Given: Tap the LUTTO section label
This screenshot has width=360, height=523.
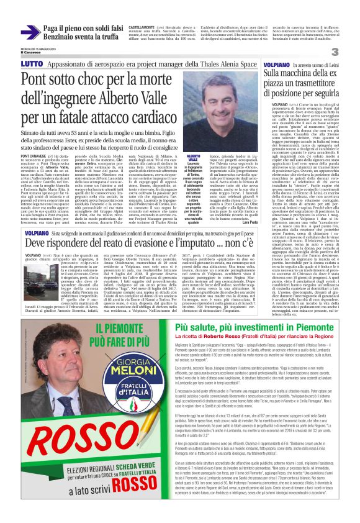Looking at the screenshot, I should (x=31, y=64).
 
